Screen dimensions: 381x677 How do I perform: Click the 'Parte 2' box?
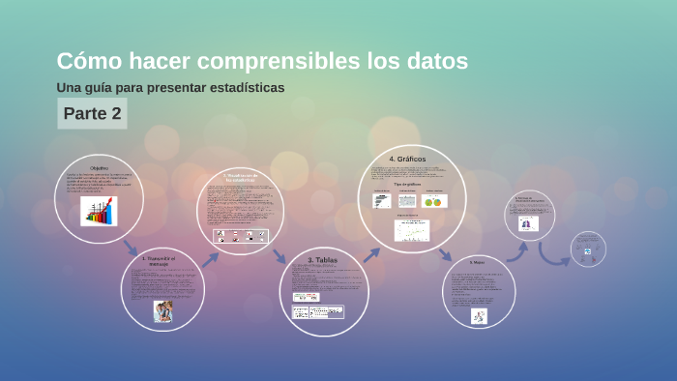[x=92, y=113]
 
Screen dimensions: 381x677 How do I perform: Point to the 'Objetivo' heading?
[x=99, y=167]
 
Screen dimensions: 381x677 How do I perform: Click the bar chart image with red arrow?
[x=99, y=211]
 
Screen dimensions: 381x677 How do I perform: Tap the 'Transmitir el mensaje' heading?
[x=162, y=260]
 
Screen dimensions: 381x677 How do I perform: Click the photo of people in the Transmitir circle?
[x=162, y=310]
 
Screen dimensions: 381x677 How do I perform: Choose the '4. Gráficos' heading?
[x=407, y=159]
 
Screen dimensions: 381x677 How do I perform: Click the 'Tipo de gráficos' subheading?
[x=407, y=184]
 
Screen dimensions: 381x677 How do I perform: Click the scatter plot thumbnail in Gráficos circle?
[x=411, y=230]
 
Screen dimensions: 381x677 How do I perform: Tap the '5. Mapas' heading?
[x=477, y=262]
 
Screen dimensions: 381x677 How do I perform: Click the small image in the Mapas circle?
[x=478, y=315]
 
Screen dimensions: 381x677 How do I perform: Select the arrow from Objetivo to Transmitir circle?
[x=131, y=248]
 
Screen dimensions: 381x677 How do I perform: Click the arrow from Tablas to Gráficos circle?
[x=370, y=254]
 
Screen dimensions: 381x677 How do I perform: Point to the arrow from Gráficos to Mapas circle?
[x=445, y=254]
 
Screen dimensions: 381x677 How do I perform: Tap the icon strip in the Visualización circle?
[x=240, y=235]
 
